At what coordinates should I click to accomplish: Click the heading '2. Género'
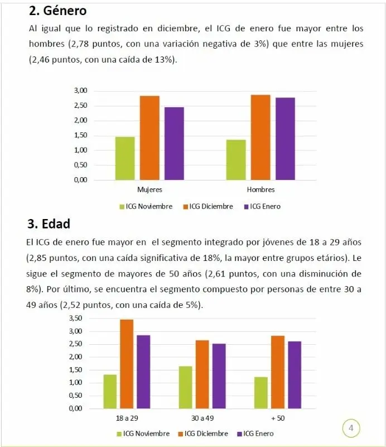pos(57,11)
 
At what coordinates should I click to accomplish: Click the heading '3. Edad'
pos(49,224)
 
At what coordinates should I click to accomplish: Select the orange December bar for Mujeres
pos(149,137)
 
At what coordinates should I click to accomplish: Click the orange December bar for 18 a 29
pos(126,363)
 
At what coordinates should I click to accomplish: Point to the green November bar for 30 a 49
pos(185,387)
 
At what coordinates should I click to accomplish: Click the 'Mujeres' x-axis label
pos(149,190)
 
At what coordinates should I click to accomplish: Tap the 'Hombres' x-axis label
pos(260,190)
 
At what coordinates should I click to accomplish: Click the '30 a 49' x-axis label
pos(202,419)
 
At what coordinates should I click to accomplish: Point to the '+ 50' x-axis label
pos(277,419)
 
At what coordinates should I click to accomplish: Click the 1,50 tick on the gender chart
pos(81,135)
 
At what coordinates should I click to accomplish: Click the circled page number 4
pos(351,429)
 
